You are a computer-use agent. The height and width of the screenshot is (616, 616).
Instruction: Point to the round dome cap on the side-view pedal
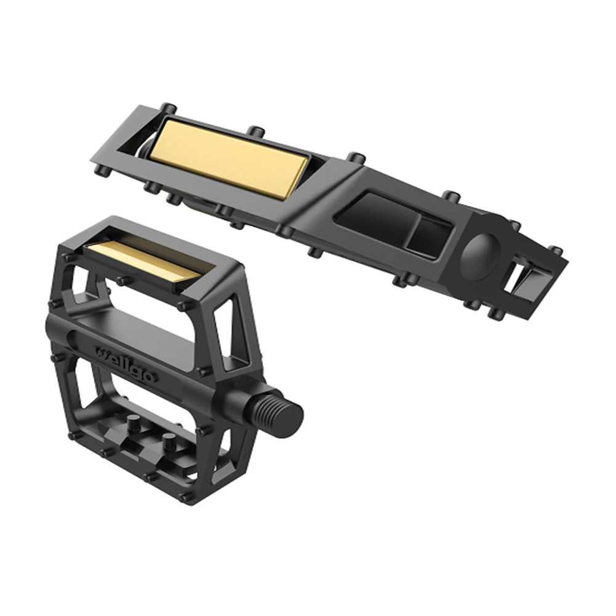pos(479,253)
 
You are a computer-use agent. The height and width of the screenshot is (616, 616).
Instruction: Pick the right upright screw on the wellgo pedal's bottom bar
pos(168,441)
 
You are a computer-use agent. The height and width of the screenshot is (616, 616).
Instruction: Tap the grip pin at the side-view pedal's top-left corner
pos(166,107)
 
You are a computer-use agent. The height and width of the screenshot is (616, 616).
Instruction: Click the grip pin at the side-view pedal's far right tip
pos(556,251)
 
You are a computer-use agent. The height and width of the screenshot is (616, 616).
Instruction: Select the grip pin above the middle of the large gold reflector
pos(253,132)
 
